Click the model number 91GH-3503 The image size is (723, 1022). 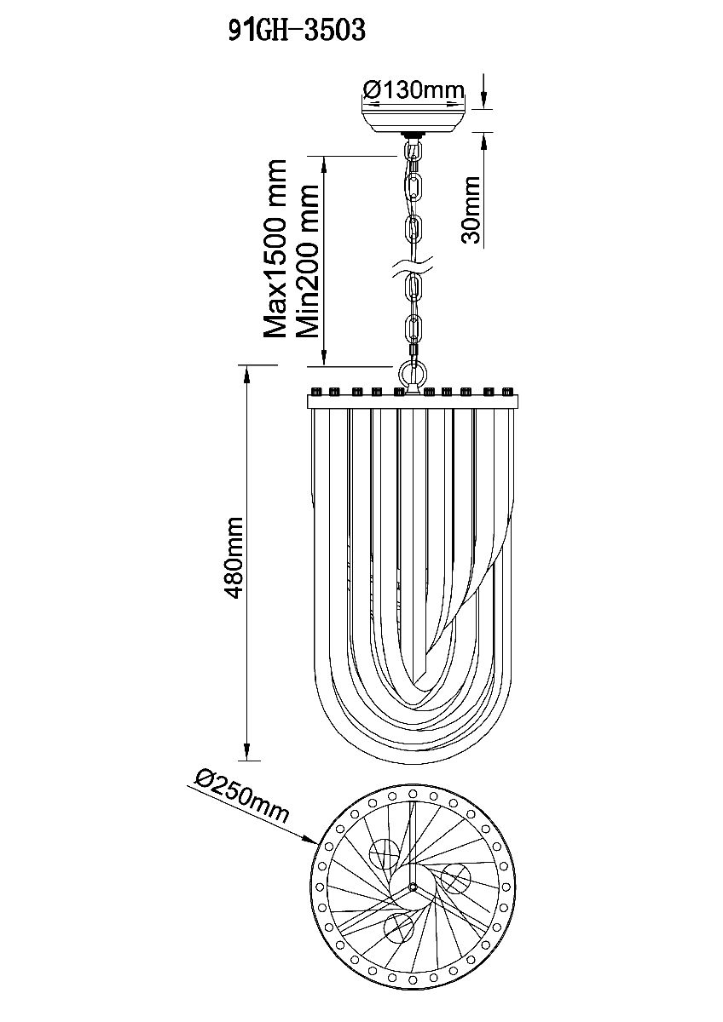point(297,31)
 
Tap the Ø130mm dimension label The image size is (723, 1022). point(414,90)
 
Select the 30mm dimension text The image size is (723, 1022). point(471,210)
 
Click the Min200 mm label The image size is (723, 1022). point(306,261)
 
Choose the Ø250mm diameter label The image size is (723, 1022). point(241,795)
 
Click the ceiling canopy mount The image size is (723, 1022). point(415,116)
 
